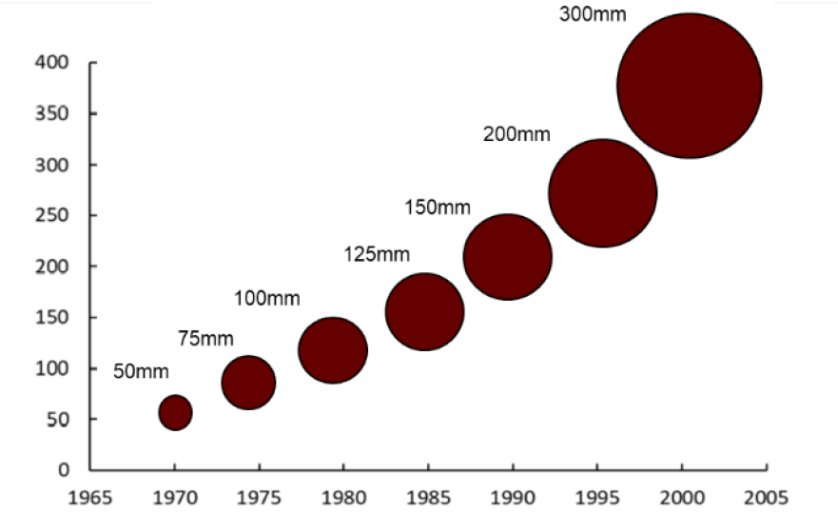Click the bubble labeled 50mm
click(175, 412)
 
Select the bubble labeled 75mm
click(248, 383)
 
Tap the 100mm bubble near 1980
click(333, 350)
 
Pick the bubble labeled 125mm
click(424, 311)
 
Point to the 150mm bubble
click(508, 257)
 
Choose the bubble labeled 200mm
click(603, 193)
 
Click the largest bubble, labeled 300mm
click(690, 86)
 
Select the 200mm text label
click(516, 134)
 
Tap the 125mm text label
click(376, 254)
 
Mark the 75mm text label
click(205, 338)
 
